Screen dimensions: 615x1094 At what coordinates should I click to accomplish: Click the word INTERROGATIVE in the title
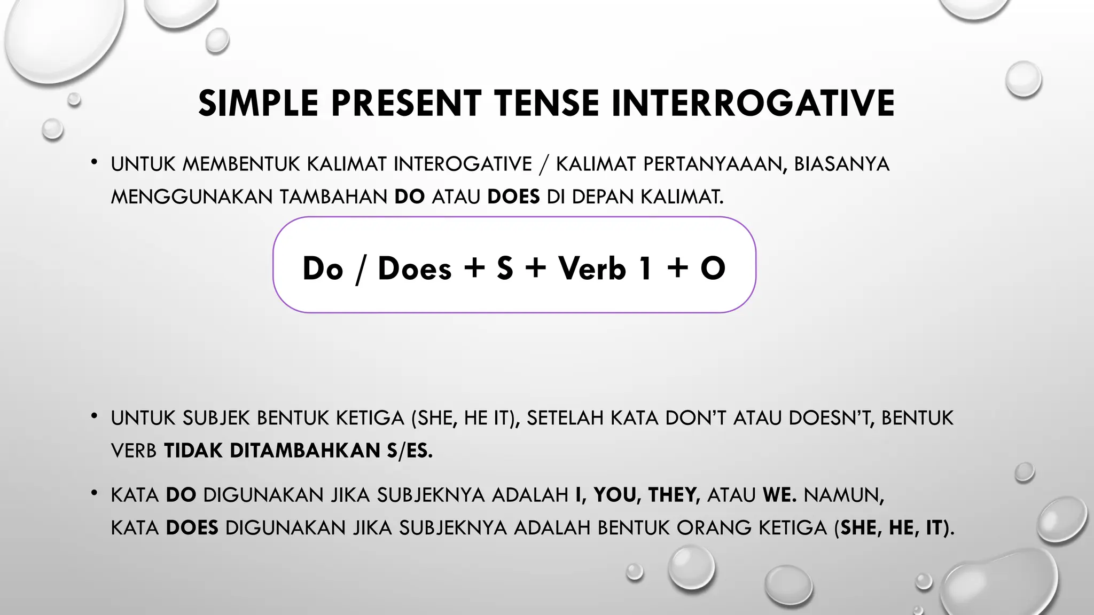pyautogui.click(x=753, y=103)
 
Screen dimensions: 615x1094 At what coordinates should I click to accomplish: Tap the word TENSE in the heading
pyautogui.click(x=546, y=103)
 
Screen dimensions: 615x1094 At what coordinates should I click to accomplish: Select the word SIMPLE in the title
pyautogui.click(x=259, y=103)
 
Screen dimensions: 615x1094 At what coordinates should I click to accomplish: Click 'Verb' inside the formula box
pyautogui.click(x=592, y=268)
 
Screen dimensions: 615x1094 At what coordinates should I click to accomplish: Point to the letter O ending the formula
pyautogui.click(x=713, y=268)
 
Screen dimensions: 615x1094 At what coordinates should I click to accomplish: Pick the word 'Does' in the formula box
pyautogui.click(x=415, y=268)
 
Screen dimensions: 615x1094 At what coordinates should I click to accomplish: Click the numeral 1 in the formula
pyautogui.click(x=645, y=268)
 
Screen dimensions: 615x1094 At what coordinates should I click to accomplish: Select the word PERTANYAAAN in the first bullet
pyautogui.click(x=715, y=164)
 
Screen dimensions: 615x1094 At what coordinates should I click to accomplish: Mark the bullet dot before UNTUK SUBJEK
pyautogui.click(x=94, y=416)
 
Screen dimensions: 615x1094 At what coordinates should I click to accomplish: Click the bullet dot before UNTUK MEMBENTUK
pyautogui.click(x=94, y=162)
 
